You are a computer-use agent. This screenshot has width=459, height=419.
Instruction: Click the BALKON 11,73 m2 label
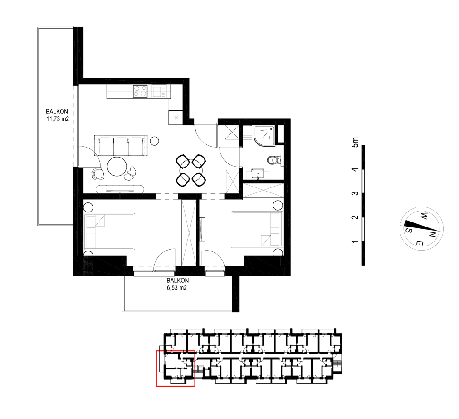pos(57,115)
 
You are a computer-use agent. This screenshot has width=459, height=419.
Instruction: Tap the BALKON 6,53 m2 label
pos(177,284)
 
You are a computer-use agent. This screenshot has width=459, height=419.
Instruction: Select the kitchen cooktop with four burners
pos(140,91)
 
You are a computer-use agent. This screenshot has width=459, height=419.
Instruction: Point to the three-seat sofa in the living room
pos(121,145)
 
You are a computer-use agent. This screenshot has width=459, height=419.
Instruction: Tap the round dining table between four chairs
pos(191,171)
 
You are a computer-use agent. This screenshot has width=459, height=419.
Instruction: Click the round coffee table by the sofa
pos(117,167)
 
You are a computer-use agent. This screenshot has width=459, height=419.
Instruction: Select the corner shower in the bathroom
pos(264,135)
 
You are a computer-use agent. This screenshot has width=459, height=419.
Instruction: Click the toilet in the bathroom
pos(274,160)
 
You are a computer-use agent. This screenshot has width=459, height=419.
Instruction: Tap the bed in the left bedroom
pos(109,232)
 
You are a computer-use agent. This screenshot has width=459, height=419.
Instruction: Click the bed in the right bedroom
pos(257,229)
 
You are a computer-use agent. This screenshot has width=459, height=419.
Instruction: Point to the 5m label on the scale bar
pos(355,142)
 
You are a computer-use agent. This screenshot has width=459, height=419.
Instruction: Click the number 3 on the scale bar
pos(355,193)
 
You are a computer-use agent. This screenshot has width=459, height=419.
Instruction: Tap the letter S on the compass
pos(409,230)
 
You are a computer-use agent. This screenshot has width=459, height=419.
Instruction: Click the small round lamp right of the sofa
pos(154,141)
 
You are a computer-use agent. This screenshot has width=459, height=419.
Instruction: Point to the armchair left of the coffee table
pos(98,173)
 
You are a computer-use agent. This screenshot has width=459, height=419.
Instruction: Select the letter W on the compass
pos(423,217)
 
